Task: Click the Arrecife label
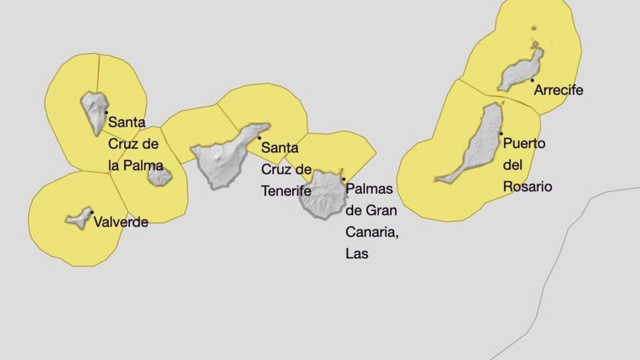click(x=558, y=90)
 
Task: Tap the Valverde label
click(x=121, y=222)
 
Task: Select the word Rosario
click(x=527, y=186)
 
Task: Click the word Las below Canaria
click(x=356, y=254)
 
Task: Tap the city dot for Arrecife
click(x=532, y=80)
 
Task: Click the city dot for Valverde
click(x=92, y=212)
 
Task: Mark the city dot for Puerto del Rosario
click(x=501, y=133)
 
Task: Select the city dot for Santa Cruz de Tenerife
click(x=259, y=138)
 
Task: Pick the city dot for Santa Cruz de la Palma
click(x=106, y=111)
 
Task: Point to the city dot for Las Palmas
click(x=343, y=179)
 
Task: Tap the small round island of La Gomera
click(x=159, y=177)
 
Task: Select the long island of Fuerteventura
click(x=478, y=147)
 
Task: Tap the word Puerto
click(x=524, y=143)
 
